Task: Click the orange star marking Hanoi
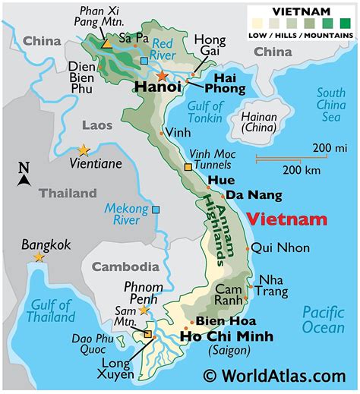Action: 162,76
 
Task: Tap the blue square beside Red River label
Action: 144,61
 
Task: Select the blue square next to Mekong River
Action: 156,210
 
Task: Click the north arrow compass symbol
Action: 24,175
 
